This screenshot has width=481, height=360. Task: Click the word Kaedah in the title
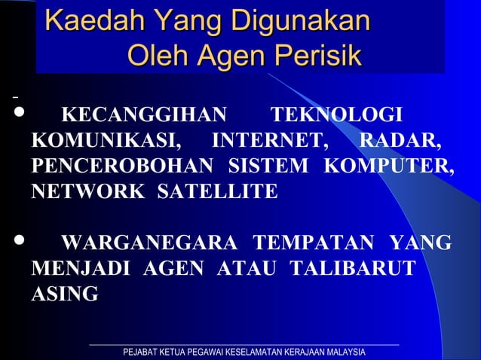click(x=84, y=21)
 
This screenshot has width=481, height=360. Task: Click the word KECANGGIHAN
click(x=143, y=116)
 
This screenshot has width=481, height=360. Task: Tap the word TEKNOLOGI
click(x=335, y=116)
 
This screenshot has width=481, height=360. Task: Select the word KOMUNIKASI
click(x=106, y=141)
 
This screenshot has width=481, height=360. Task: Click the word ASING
click(x=64, y=294)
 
